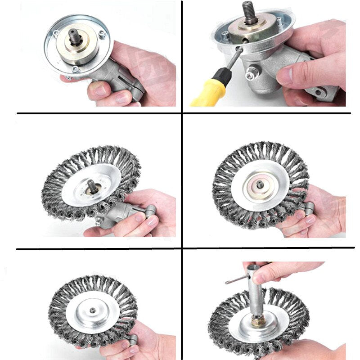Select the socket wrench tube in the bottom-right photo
pos(261,297)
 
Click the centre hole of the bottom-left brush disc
pos(93,310)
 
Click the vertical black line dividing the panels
pos(182,180)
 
